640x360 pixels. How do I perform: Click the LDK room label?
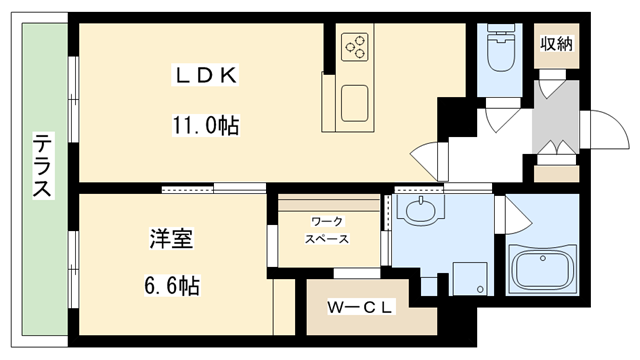click(206, 75)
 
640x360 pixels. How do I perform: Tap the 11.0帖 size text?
click(207, 127)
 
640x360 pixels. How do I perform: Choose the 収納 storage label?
click(556, 43)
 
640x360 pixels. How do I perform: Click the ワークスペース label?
click(328, 231)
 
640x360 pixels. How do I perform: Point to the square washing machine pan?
click(466, 278)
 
